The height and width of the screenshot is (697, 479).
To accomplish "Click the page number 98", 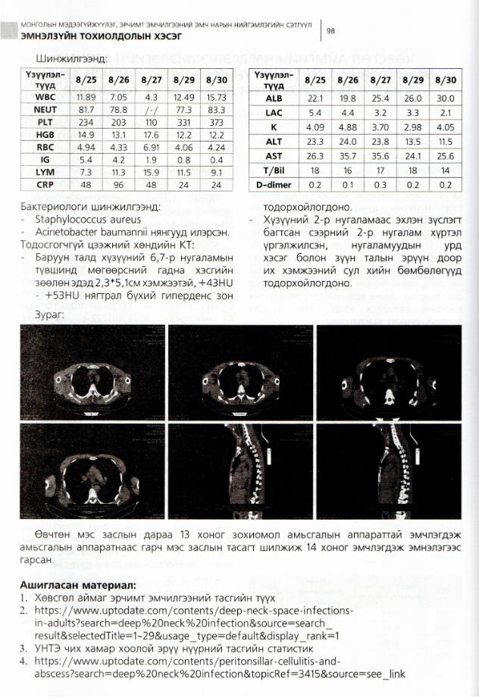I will (x=330, y=30).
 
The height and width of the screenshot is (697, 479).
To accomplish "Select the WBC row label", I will (x=45, y=97).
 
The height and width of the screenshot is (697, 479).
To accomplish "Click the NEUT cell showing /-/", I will (x=151, y=109).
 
